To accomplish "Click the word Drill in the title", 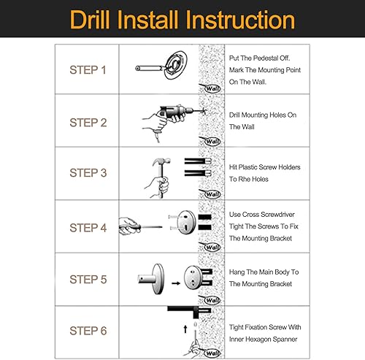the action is (x=90, y=20).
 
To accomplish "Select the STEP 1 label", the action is (x=88, y=70).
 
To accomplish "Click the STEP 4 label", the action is (x=88, y=228).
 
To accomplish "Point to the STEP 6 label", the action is (x=88, y=331).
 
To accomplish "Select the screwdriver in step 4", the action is (x=141, y=227).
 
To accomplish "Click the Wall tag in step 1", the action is (x=212, y=88).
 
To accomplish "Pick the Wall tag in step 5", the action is (x=212, y=300).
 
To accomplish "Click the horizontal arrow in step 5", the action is (x=176, y=283).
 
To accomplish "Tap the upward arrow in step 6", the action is (x=185, y=329).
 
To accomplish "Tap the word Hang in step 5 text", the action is (x=237, y=272).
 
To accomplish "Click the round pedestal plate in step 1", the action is (x=176, y=65).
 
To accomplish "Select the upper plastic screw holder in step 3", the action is (x=198, y=161).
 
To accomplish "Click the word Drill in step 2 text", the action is (x=234, y=115).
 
